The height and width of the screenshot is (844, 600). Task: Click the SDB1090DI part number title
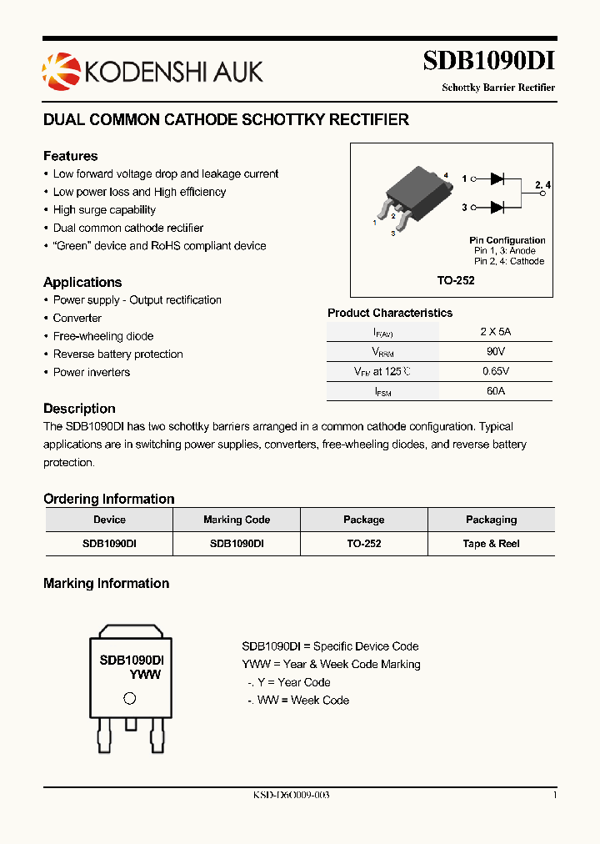click(488, 62)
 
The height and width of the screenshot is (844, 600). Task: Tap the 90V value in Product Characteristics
click(495, 352)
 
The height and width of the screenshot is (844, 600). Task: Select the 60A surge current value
click(495, 390)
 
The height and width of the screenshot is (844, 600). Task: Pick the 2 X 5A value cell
click(495, 331)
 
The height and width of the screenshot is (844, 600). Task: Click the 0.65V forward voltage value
click(495, 371)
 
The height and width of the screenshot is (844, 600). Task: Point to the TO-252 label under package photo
click(456, 280)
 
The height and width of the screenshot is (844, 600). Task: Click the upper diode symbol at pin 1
click(497, 178)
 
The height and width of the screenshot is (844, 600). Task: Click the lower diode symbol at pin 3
click(497, 207)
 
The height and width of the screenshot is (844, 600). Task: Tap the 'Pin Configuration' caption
click(507, 240)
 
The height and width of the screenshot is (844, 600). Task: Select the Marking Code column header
click(237, 520)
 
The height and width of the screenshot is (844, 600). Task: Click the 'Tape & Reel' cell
click(491, 543)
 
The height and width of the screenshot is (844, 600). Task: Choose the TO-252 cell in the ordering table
click(363, 543)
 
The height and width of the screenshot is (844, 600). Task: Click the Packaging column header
click(491, 520)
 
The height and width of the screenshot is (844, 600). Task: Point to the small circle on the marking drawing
click(129, 699)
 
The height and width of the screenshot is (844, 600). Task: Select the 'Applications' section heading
click(82, 282)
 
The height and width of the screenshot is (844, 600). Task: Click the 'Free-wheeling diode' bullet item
click(103, 336)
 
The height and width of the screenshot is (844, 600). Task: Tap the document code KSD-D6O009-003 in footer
click(291, 795)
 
